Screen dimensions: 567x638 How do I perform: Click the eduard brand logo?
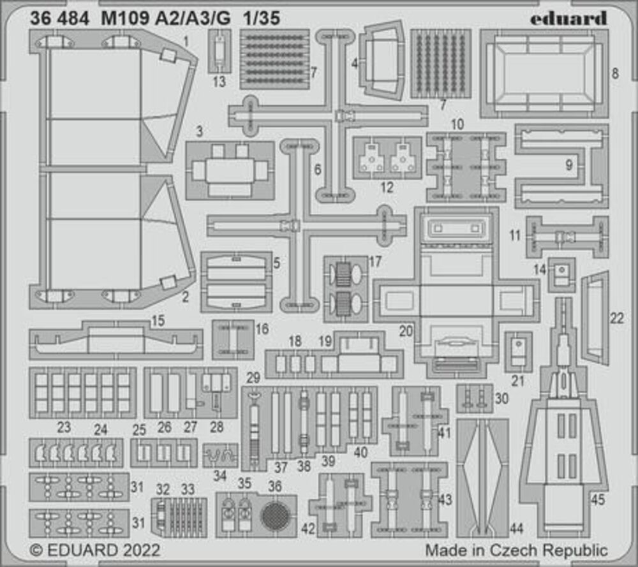pos(568,18)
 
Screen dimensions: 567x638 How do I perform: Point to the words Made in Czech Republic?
pos(517,550)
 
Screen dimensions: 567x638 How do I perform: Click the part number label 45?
pos(597,501)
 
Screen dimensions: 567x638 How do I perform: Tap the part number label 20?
pos(406,330)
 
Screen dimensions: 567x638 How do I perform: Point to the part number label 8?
pos(614,73)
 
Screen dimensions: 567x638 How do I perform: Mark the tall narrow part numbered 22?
pos(595,318)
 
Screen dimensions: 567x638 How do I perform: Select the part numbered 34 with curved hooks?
pos(220,455)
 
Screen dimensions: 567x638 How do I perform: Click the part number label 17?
pos(375,261)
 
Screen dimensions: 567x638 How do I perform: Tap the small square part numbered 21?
pos(518,350)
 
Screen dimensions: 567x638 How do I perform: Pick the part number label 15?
pos(158,321)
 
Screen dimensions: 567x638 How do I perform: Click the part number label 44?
pos(517,527)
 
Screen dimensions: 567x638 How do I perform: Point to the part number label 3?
pos(199,132)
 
